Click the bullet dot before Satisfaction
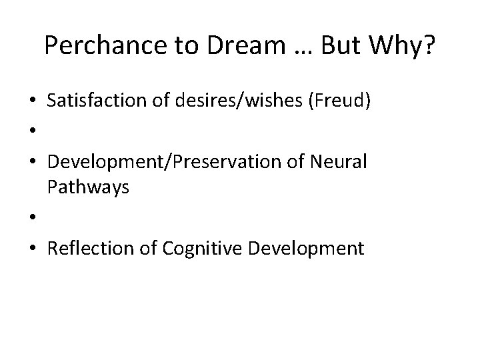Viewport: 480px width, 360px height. coord(32,102)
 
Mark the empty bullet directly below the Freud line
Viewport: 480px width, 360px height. coord(32,132)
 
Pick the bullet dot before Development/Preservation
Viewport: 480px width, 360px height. coord(32,163)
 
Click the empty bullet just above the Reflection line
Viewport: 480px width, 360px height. coord(32,219)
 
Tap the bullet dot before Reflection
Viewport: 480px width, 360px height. coord(32,249)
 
